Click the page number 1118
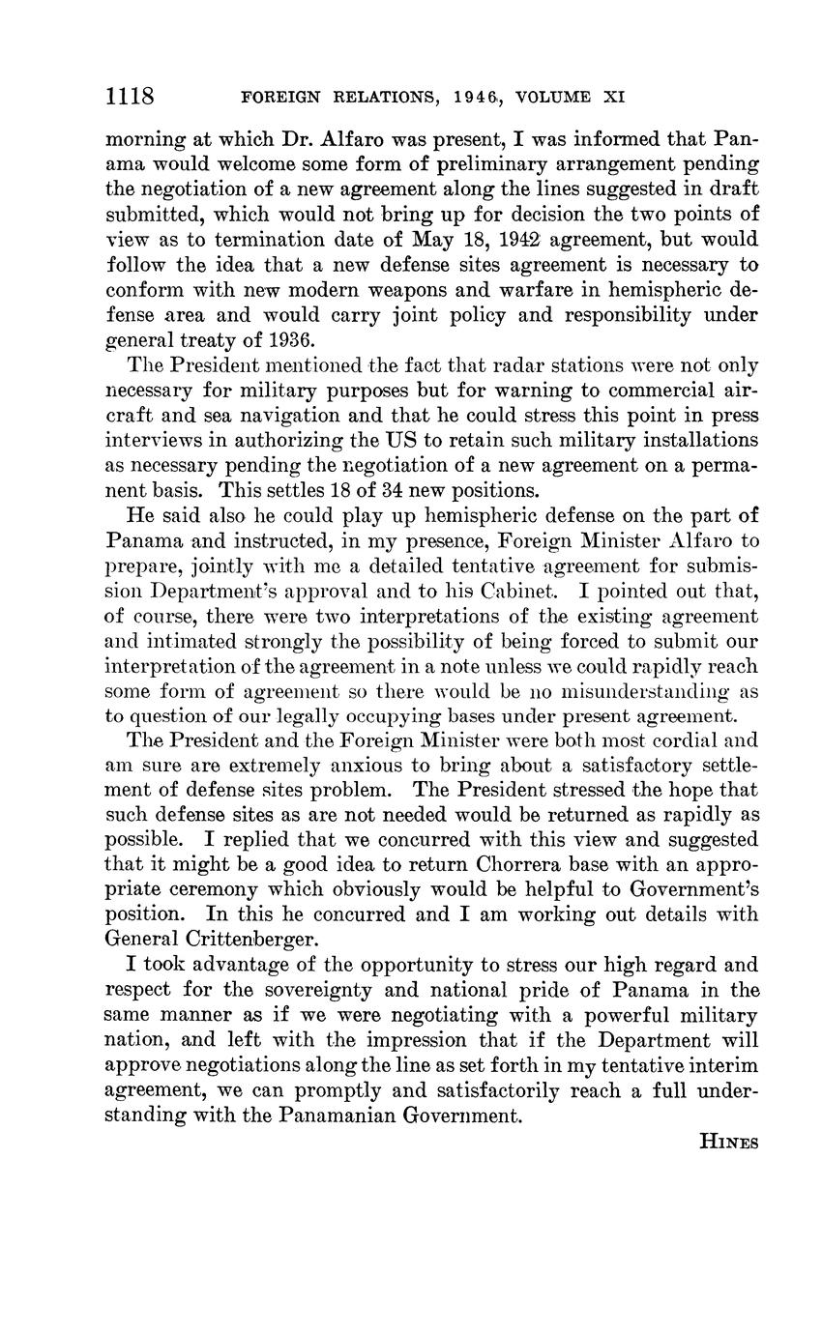click(x=131, y=96)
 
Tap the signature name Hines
click(x=728, y=1142)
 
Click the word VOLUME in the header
click(x=553, y=97)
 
